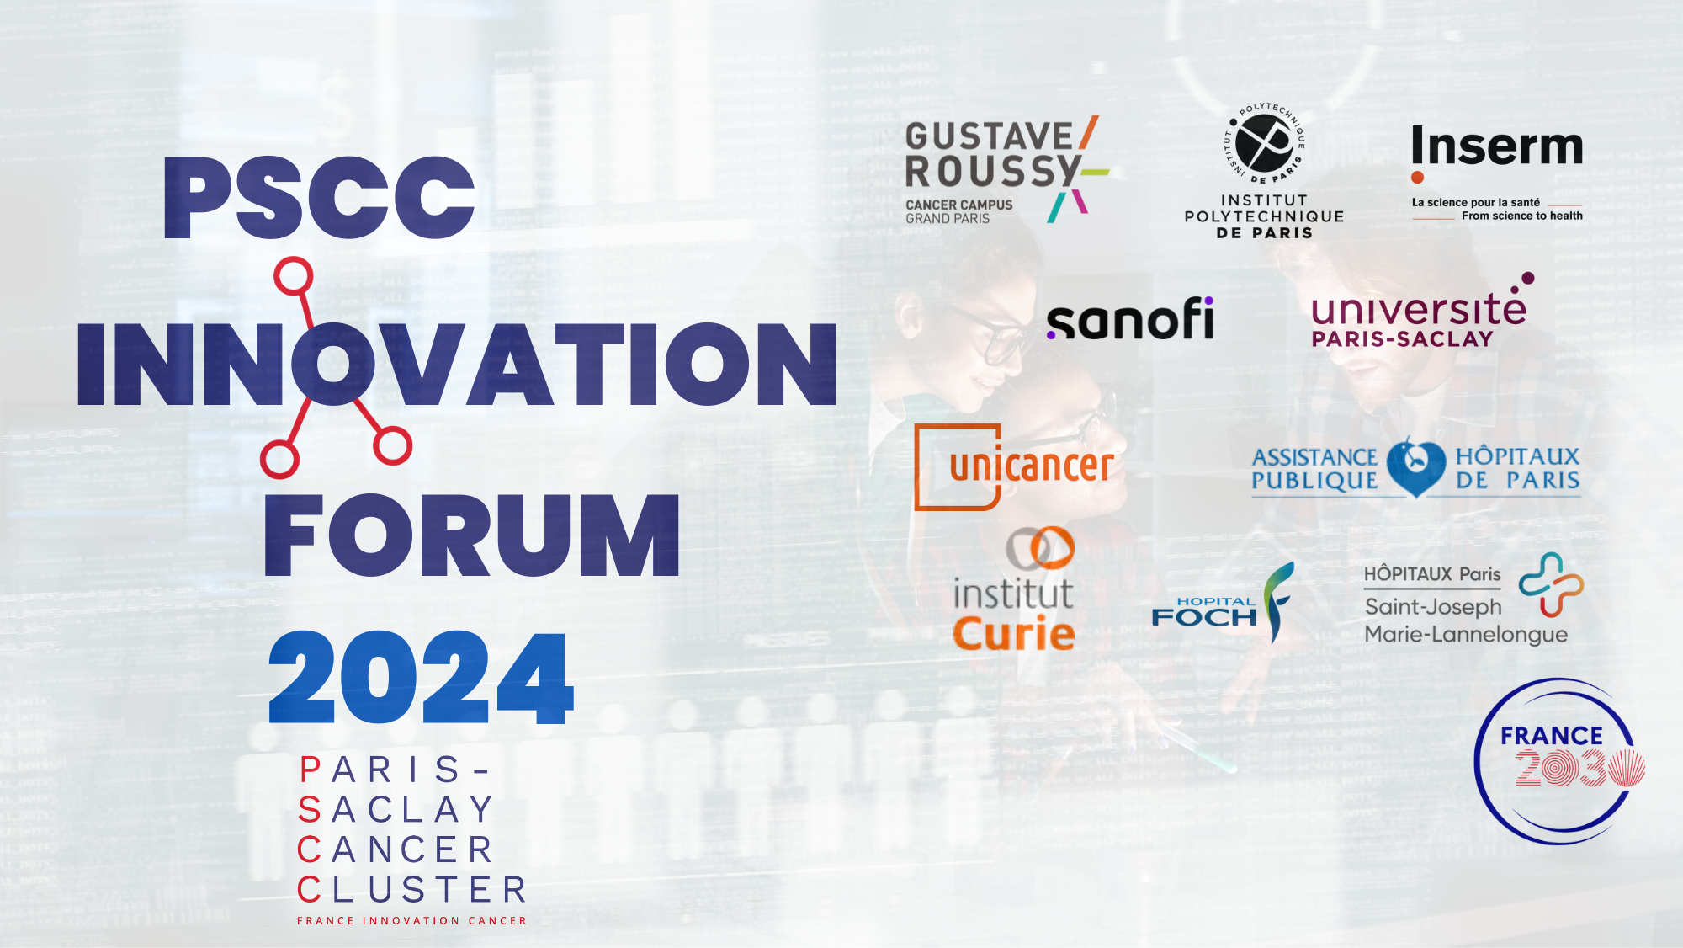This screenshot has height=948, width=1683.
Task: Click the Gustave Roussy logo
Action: tap(1006, 170)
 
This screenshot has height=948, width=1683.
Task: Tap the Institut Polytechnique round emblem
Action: tap(1264, 143)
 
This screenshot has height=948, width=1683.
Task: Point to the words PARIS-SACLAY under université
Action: tap(1402, 339)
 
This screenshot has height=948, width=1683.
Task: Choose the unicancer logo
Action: tap(1014, 466)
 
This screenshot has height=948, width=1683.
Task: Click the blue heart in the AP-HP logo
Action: tap(1415, 466)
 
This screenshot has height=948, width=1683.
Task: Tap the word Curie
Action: tap(1014, 633)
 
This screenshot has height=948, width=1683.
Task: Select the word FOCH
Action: tap(1203, 617)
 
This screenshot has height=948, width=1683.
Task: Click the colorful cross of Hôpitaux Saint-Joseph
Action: tap(1551, 584)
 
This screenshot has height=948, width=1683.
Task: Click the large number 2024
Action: tap(421, 679)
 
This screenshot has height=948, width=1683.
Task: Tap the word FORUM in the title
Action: tap(471, 535)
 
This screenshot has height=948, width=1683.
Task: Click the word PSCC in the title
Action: tap(320, 199)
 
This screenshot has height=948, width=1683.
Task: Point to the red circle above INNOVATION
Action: tap(294, 276)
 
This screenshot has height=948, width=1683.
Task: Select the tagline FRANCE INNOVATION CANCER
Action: tap(411, 921)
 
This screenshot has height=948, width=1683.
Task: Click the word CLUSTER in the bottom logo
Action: tap(411, 890)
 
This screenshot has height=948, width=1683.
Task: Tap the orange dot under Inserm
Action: tap(1418, 177)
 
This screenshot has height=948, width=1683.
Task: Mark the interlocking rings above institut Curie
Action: tap(1040, 548)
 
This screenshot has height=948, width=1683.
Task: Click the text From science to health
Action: tap(1521, 216)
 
